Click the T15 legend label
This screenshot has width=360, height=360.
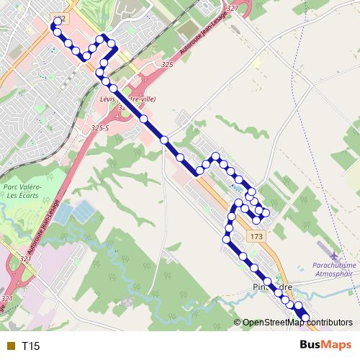[x=30, y=346]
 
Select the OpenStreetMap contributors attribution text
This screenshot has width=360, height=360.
[x=299, y=322]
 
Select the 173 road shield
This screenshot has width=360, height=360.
[x=256, y=236]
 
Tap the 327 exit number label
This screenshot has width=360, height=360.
[x=232, y=8]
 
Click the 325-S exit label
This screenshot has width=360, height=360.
[x=99, y=127]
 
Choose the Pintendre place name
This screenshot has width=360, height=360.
[x=272, y=287]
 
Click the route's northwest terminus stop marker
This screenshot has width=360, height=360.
[x=53, y=25]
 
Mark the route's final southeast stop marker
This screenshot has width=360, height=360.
[x=305, y=318]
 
